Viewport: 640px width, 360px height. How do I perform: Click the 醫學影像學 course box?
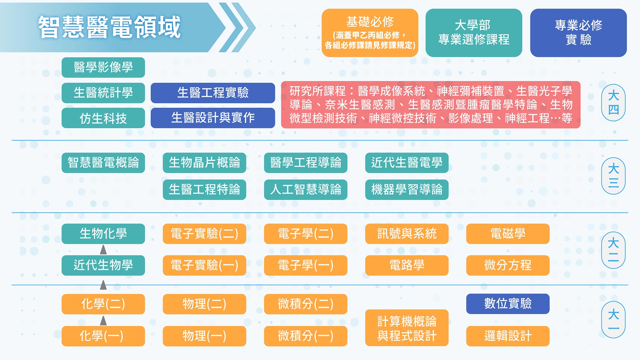click(103, 67)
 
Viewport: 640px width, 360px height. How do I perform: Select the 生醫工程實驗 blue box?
click(213, 93)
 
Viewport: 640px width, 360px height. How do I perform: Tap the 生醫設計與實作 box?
click(213, 118)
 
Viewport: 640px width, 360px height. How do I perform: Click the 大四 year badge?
click(613, 102)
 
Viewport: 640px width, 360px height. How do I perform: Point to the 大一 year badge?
click(613, 320)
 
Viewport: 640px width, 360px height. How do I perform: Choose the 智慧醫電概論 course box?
click(103, 163)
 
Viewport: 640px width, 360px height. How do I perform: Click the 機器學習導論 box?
click(407, 190)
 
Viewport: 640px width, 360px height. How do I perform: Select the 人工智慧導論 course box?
click(306, 190)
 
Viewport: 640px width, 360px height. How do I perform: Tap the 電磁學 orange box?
click(508, 234)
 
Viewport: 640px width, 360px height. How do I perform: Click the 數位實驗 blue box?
click(508, 304)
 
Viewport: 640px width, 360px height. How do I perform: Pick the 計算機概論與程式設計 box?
click(407, 328)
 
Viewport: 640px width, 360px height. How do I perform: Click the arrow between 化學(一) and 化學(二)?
click(103, 321)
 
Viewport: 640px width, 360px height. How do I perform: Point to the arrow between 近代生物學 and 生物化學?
click(103, 249)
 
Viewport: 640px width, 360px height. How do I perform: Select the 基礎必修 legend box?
click(370, 33)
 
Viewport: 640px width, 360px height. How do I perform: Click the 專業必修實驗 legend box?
click(578, 33)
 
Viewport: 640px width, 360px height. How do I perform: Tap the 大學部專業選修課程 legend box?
click(474, 33)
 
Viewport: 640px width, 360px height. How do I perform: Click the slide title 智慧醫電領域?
click(109, 27)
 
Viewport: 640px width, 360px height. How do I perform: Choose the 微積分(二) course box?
click(306, 304)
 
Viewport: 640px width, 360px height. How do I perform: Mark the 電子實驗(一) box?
click(204, 265)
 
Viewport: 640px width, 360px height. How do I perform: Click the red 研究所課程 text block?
click(431, 105)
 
